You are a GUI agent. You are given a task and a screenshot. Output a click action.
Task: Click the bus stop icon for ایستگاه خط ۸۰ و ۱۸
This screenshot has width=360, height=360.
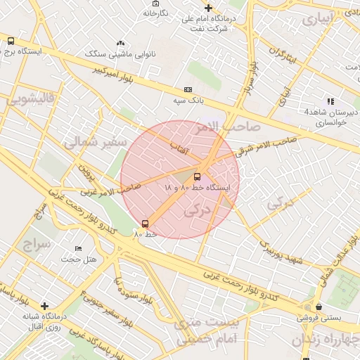[x=197, y=176]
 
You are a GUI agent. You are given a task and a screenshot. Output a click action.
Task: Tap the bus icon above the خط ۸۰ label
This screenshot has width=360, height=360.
[x=145, y=224]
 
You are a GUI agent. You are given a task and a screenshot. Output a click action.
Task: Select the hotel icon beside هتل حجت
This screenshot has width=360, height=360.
[x=78, y=249]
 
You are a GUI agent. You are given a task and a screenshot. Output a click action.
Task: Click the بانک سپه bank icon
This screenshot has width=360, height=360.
[x=188, y=89]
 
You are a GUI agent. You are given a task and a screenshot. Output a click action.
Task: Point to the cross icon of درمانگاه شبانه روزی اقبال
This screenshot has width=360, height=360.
[x=45, y=306]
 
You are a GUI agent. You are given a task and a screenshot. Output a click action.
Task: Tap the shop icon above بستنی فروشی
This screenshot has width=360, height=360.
[x=319, y=307]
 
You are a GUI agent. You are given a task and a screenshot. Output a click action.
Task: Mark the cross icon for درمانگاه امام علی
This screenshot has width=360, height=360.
[x=207, y=8]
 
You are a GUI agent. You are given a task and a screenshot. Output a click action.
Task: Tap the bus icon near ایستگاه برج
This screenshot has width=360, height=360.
[x=10, y=41]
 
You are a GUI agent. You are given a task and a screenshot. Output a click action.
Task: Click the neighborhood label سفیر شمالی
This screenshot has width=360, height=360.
[x=94, y=143]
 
